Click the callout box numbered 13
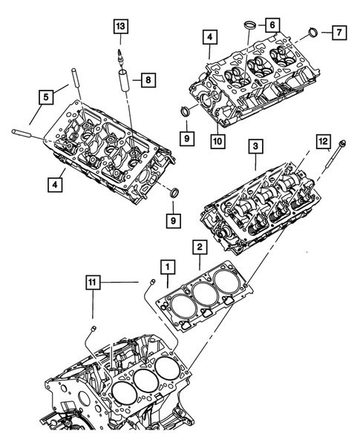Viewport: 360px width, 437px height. point(120,27)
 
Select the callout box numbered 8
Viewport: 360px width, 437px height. point(148,79)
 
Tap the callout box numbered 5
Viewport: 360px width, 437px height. point(45,96)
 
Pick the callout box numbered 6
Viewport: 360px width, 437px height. point(272,24)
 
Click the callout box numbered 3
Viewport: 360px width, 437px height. point(255,147)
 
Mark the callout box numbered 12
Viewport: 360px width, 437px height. point(322,139)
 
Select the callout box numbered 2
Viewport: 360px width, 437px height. point(200,247)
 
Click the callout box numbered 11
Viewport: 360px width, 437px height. point(92,283)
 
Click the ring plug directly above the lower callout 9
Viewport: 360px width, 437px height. point(174,194)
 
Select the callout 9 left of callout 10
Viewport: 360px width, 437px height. point(188,137)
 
